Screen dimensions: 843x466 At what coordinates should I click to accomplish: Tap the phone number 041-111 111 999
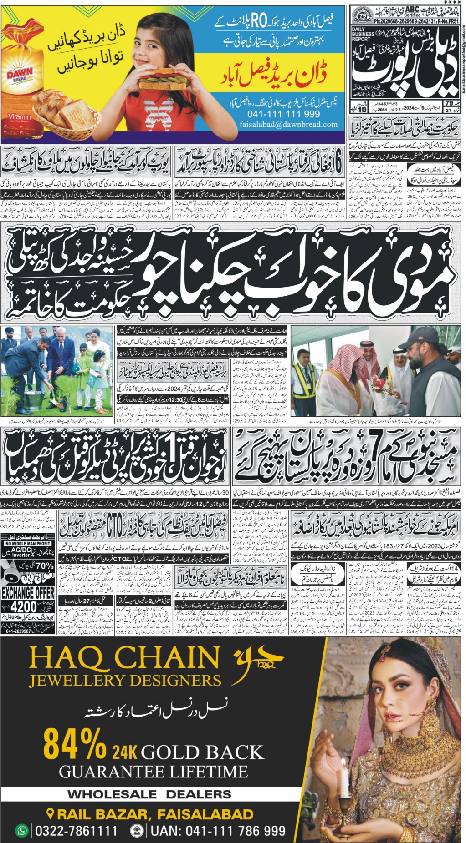point(283,114)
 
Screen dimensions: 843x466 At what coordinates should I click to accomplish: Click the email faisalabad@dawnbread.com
point(288,124)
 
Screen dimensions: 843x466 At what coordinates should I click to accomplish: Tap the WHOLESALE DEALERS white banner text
point(149,794)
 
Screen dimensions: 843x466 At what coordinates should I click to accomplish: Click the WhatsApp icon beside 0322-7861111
point(21,830)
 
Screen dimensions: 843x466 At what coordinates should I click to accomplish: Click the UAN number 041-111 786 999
point(218,831)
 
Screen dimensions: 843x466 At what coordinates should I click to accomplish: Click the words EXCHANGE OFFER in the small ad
point(28,593)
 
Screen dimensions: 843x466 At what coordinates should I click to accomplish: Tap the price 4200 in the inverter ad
point(24,606)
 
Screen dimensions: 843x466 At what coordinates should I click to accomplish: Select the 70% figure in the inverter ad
point(44,566)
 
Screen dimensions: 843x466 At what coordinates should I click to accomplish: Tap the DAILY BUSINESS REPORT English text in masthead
point(363,34)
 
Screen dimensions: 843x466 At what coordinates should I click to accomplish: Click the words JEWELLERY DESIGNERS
point(125,681)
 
